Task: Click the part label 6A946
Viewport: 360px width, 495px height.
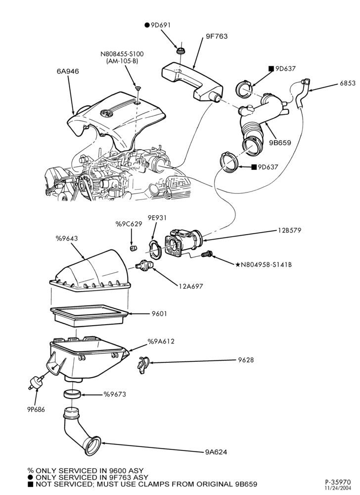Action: (x=68, y=71)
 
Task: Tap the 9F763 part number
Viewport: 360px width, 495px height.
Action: (x=217, y=36)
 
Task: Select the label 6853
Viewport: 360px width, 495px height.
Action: (x=348, y=84)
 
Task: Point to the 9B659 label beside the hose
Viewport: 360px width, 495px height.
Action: (x=280, y=143)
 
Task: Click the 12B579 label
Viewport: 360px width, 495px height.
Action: (x=289, y=231)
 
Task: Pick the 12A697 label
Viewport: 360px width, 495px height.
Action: (x=191, y=286)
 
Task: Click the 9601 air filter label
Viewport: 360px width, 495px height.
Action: (x=159, y=314)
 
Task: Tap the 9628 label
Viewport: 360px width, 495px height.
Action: (x=246, y=360)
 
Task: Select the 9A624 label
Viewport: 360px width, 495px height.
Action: (x=216, y=452)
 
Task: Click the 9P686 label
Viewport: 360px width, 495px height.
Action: (x=36, y=410)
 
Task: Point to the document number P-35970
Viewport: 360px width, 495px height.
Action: (x=338, y=482)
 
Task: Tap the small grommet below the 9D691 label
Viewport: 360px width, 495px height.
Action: (x=180, y=50)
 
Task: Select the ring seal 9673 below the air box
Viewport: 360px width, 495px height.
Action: (x=72, y=395)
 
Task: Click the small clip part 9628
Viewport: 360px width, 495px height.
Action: (x=143, y=365)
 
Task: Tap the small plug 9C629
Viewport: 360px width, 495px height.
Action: (x=134, y=247)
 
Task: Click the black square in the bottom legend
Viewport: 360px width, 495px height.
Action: (x=31, y=484)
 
